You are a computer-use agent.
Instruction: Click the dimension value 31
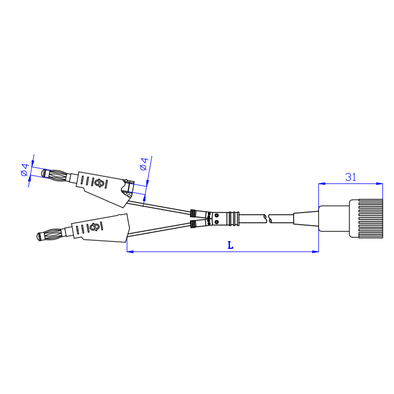click(x=351, y=177)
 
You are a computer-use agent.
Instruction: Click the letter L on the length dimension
click(x=230, y=245)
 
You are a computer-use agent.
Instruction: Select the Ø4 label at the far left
click(x=25, y=170)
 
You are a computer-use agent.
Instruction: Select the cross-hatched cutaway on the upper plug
click(x=129, y=188)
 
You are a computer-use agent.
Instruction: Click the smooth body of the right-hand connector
click(x=334, y=218)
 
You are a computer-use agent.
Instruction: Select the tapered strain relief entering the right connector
click(x=306, y=219)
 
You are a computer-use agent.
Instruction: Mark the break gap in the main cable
click(x=268, y=218)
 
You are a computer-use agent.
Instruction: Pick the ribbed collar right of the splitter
click(x=233, y=219)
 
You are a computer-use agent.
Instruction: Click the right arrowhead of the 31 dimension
click(x=380, y=183)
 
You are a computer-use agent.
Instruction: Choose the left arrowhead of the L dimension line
click(x=129, y=251)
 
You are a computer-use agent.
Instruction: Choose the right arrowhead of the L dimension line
click(x=316, y=251)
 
